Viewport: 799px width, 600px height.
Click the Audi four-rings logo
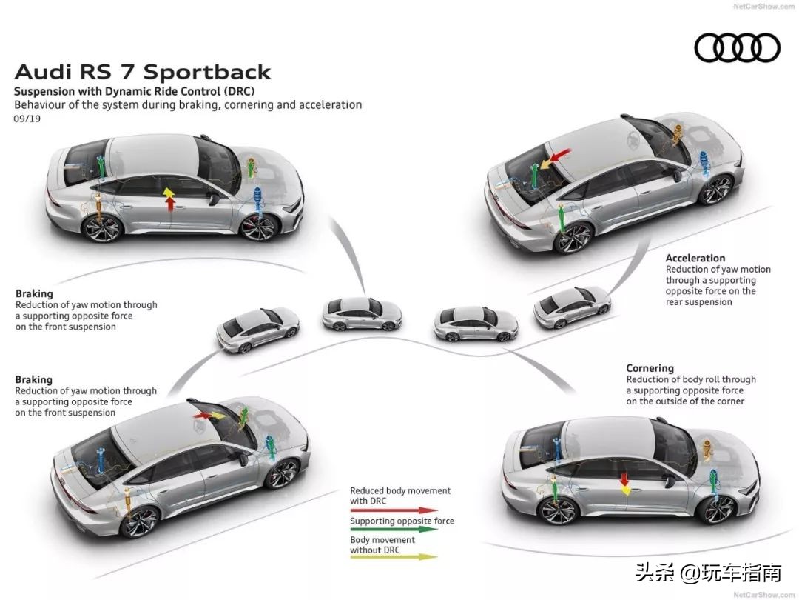point(737,49)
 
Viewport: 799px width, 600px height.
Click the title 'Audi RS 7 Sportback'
point(143,72)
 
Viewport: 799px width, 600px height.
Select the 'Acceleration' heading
point(695,259)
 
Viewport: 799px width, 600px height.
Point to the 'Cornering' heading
point(650,368)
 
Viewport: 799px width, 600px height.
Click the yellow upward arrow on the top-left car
point(169,194)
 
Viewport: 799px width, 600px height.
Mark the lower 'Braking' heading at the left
point(34,380)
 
